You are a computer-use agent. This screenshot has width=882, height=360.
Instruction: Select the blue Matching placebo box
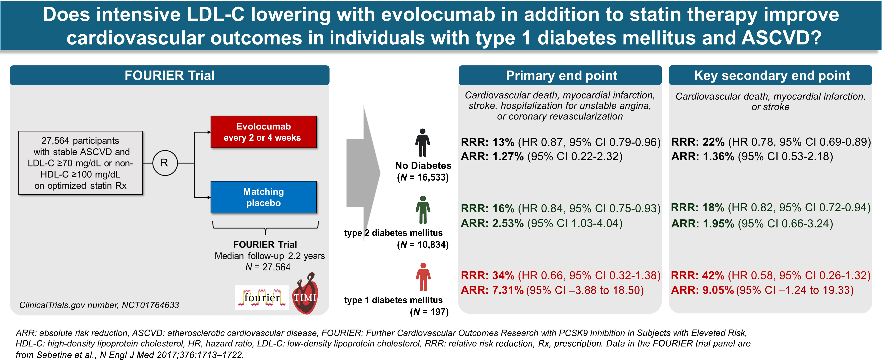[x=263, y=197]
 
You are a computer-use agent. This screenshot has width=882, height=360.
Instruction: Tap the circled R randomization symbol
[x=165, y=163]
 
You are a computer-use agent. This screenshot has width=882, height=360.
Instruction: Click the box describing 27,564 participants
[x=80, y=163]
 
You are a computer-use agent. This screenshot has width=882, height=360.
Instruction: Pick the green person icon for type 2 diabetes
[x=423, y=210]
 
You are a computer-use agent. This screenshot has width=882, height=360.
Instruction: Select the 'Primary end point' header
[x=561, y=75]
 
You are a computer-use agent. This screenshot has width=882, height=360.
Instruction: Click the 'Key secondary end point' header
[x=771, y=75]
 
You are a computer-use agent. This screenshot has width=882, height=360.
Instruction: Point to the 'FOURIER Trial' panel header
[x=169, y=75]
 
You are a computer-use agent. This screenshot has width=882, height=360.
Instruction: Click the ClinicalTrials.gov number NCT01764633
[x=99, y=305]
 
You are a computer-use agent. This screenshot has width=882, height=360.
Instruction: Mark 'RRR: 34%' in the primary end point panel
[x=488, y=275]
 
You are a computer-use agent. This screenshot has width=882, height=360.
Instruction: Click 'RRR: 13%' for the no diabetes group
[x=488, y=142]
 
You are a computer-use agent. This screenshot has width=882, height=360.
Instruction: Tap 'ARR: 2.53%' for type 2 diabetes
[x=492, y=223]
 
